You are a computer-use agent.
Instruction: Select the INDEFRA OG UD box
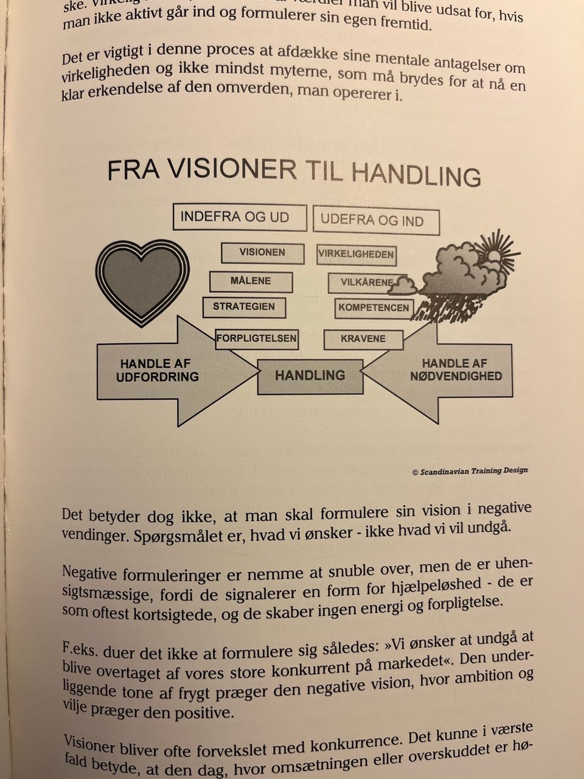click(x=239, y=218)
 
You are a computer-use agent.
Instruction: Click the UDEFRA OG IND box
click(x=375, y=221)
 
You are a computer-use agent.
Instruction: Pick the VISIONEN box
click(x=262, y=253)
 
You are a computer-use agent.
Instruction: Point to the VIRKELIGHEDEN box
click(x=356, y=254)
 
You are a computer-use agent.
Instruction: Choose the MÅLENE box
click(x=251, y=281)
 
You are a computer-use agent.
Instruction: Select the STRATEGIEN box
click(x=244, y=307)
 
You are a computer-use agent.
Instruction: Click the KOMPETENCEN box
click(x=374, y=308)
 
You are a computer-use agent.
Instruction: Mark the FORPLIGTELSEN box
click(x=257, y=338)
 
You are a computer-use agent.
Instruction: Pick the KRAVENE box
click(x=363, y=339)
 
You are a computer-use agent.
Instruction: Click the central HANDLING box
click(x=310, y=376)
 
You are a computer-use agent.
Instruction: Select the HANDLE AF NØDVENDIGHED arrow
click(x=453, y=370)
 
